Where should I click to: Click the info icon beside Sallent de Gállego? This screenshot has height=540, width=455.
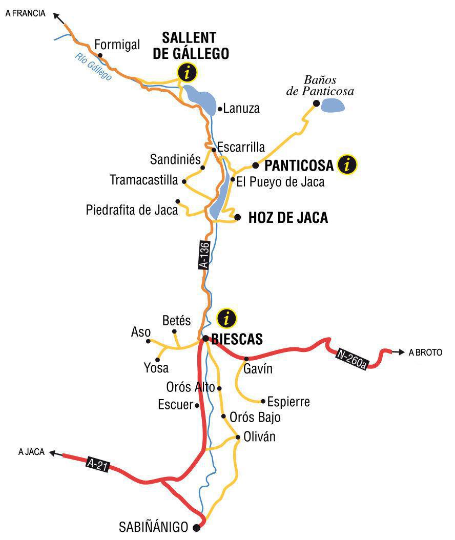click(x=187, y=73)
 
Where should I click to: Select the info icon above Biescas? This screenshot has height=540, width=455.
click(x=226, y=318)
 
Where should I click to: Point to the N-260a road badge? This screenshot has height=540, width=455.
click(x=352, y=359)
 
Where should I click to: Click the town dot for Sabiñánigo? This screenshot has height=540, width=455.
click(x=197, y=527)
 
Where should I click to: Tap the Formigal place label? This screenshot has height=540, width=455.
click(x=117, y=45)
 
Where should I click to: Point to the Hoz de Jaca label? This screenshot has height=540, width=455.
click(x=287, y=218)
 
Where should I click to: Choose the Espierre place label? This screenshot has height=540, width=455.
click(x=288, y=402)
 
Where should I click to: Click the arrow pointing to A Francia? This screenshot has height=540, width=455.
click(x=58, y=18)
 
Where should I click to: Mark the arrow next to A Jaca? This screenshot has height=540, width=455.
click(x=55, y=453)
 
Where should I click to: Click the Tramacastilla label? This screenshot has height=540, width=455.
click(x=144, y=180)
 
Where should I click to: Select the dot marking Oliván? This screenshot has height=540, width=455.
click(x=238, y=437)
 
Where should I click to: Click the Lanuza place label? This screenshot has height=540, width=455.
click(x=241, y=109)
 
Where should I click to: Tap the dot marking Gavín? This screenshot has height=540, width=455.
click(x=246, y=359)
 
